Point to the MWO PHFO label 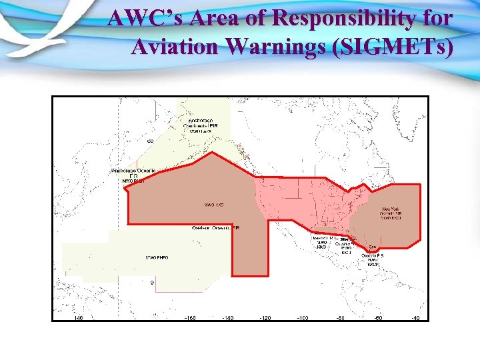pyautogui.click(x=157, y=257)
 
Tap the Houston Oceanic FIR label pyautogui.click(x=323, y=241)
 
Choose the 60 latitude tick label pyautogui.click(x=151, y=141)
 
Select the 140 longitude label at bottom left pyautogui.click(x=79, y=318)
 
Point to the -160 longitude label pyautogui.click(x=190, y=318)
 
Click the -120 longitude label pyautogui.click(x=265, y=318)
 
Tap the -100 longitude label pyautogui.click(x=302, y=318)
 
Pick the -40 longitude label pyautogui.click(x=415, y=318)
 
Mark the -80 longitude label pyautogui.click(x=339, y=318)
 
